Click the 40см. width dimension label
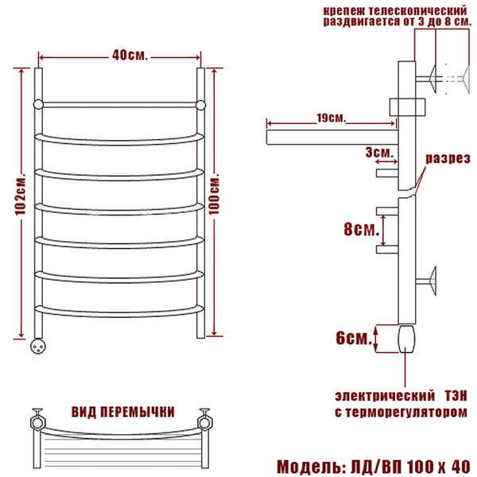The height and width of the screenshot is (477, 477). click(x=130, y=56)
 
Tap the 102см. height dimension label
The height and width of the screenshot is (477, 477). click(x=21, y=195)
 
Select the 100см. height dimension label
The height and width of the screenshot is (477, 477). click(x=215, y=195)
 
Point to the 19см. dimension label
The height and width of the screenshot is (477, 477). click(x=332, y=118)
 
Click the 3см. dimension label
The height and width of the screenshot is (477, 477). click(x=379, y=152)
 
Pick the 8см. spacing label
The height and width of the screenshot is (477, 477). click(x=362, y=229)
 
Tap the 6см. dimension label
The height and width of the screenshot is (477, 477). click(x=354, y=338)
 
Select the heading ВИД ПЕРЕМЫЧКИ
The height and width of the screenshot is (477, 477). click(x=123, y=412)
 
